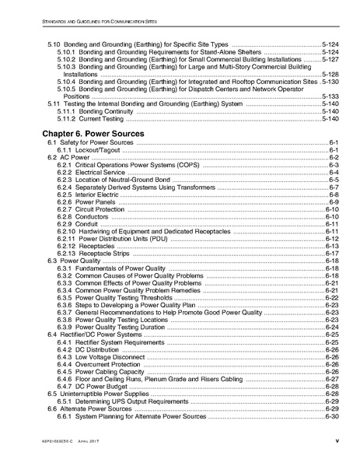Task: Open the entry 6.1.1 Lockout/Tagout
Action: pyautogui.click(x=89, y=150)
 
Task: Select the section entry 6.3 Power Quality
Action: pyautogui.click(x=74, y=261)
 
